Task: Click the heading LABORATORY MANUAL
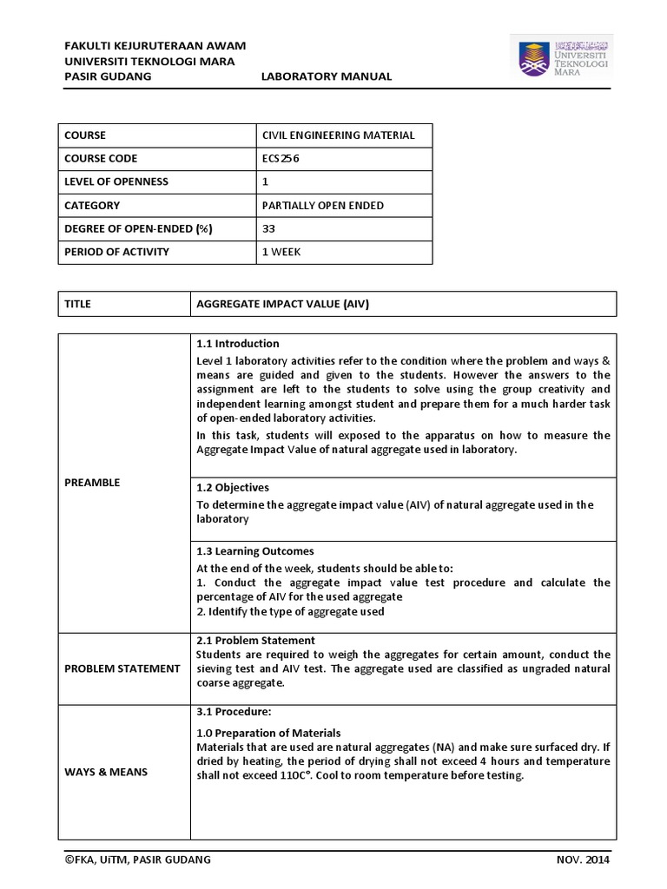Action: pos(327,76)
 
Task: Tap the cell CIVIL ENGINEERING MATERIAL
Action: pos(339,135)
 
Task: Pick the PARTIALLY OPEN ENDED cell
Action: pos(322,206)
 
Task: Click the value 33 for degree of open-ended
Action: pos(268,229)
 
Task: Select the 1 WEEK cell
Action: pos(281,252)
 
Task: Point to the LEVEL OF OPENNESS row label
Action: pos(116,182)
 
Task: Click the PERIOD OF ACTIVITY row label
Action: pos(116,252)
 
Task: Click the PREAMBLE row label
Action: pos(91,483)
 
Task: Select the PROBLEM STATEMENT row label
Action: pos(122,668)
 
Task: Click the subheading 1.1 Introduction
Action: pos(238,344)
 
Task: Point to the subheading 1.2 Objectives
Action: pos(233,488)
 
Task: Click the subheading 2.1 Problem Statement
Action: pos(255,641)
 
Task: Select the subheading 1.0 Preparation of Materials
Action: pos(268,733)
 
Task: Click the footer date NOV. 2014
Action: pos(584,860)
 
